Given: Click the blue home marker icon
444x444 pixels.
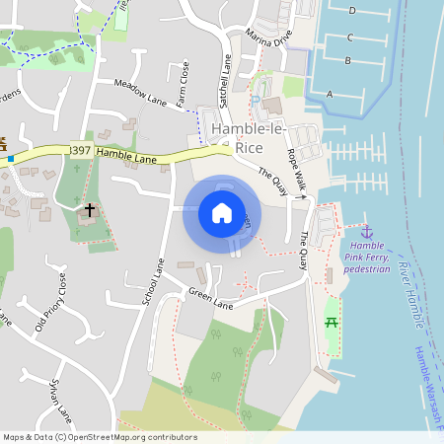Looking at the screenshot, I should (x=222, y=213).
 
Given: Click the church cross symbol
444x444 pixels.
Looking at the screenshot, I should (x=90, y=210).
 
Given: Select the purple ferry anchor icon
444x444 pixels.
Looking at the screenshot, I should (x=367, y=230).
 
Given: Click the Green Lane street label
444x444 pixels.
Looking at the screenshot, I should (x=209, y=298).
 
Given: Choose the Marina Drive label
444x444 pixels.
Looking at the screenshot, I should (x=271, y=37).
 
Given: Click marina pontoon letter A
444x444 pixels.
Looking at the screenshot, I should (x=330, y=94).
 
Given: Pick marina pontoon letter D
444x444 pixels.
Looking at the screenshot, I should (x=352, y=10).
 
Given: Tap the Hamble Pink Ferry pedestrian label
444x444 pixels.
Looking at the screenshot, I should (x=368, y=256).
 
